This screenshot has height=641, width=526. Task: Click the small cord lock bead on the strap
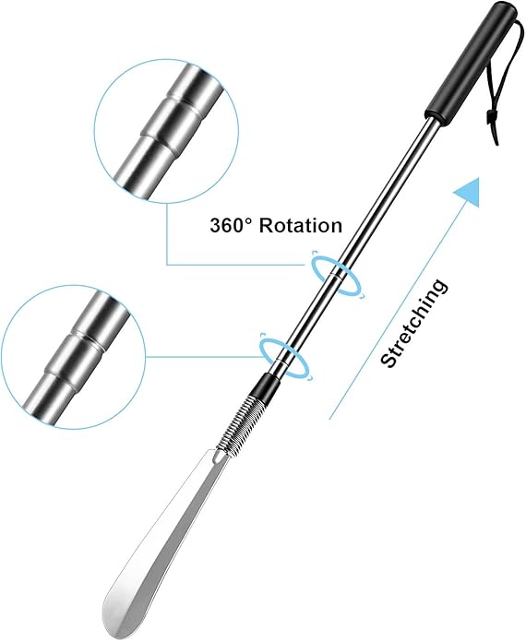click(489, 120)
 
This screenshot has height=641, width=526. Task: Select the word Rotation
click(301, 225)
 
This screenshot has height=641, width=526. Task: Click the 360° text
click(231, 225)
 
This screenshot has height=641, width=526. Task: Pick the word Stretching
click(413, 323)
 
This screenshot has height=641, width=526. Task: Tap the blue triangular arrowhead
click(468, 191)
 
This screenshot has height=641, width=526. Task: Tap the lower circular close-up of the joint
click(73, 357)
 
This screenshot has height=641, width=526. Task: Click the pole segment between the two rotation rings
click(313, 314)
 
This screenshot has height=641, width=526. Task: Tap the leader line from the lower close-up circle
click(205, 357)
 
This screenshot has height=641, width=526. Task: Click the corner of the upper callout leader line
click(167, 265)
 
